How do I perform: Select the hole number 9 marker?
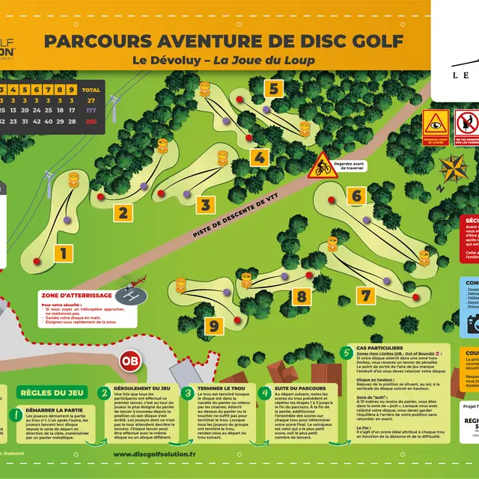pos(214,326)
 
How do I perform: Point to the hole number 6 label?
pos(356,197)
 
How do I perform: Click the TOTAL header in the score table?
pos(93,88)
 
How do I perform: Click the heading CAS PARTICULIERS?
pos(382,349)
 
